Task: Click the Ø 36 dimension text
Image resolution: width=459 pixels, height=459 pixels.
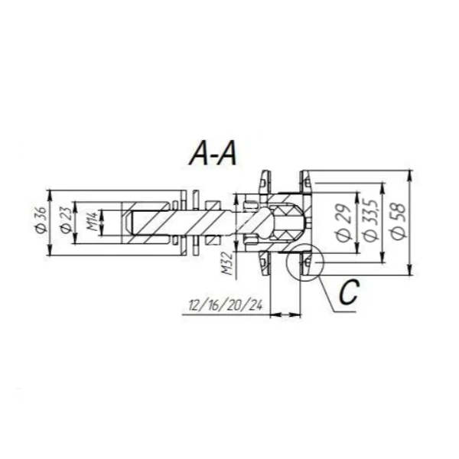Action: (41, 220)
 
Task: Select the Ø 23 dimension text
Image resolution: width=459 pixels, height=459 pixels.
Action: (66, 220)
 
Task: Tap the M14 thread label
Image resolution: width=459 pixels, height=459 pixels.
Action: (93, 222)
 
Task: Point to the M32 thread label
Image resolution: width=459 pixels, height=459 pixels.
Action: (227, 263)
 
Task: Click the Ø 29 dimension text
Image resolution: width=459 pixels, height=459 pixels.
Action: (344, 223)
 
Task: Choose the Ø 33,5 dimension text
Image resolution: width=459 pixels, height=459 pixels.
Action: (369, 220)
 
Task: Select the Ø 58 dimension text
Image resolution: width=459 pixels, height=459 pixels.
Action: (399, 216)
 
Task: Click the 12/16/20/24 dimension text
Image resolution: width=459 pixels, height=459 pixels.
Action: (226, 305)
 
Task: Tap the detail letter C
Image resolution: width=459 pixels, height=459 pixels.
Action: (349, 292)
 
